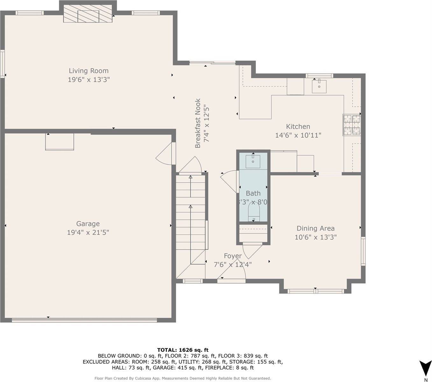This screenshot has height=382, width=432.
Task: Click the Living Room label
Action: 89,71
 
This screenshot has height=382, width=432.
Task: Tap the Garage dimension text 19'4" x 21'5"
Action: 88,233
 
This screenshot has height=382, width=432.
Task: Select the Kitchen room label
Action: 298,126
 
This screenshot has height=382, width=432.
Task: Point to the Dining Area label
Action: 315,228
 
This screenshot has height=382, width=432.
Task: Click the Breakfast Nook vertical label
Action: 198,124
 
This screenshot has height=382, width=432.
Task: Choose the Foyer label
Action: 233,256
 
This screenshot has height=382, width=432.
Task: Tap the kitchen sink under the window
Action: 319,86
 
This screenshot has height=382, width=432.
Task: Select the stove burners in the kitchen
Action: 352,124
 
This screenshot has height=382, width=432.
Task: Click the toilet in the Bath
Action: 254,212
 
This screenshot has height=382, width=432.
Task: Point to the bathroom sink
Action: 253,161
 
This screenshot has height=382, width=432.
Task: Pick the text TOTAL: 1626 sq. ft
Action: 183,350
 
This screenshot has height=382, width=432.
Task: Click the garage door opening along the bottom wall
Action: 84,320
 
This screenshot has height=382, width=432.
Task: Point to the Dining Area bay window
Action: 315,291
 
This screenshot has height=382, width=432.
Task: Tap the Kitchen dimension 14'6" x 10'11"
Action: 298,135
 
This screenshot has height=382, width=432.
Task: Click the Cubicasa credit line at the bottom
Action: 183,378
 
